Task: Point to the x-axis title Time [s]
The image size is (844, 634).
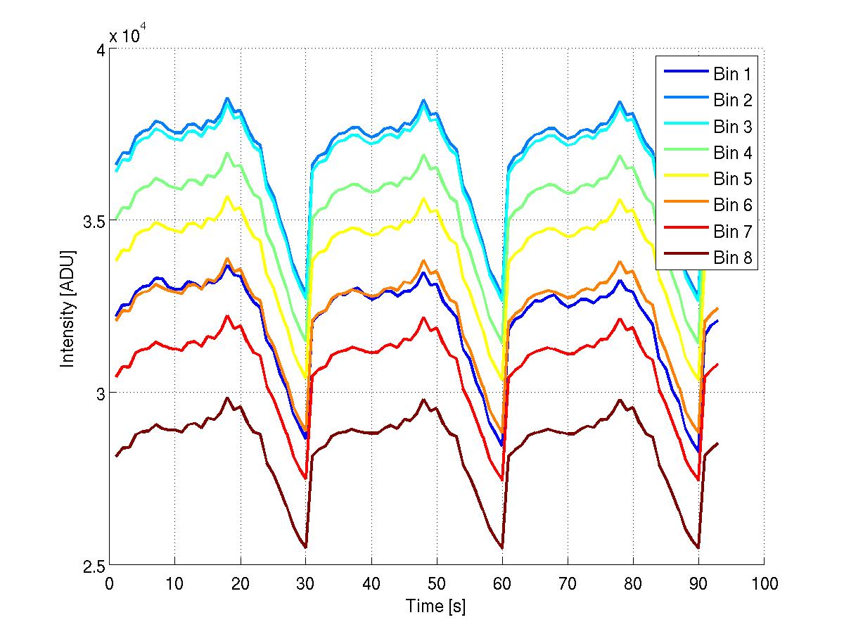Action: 435,606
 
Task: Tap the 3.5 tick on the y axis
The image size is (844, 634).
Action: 90,221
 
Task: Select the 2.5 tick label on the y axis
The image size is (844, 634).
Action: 90,566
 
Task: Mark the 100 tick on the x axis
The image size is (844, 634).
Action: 764,583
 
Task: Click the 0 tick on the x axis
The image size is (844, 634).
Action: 109,583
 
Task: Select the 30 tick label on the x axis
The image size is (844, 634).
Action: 306,583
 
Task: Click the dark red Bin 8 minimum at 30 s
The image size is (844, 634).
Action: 305,547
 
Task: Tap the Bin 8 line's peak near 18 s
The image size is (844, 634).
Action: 227,398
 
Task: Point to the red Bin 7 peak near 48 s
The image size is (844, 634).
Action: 423,317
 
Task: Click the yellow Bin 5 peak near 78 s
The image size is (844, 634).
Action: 620,199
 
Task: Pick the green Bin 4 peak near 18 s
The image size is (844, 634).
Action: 227,153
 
